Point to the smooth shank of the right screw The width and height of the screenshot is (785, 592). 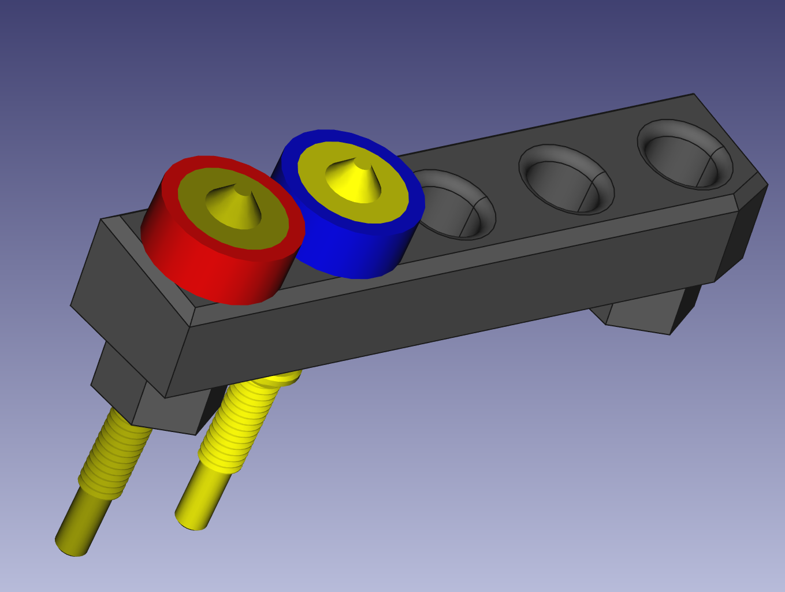(202, 497)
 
